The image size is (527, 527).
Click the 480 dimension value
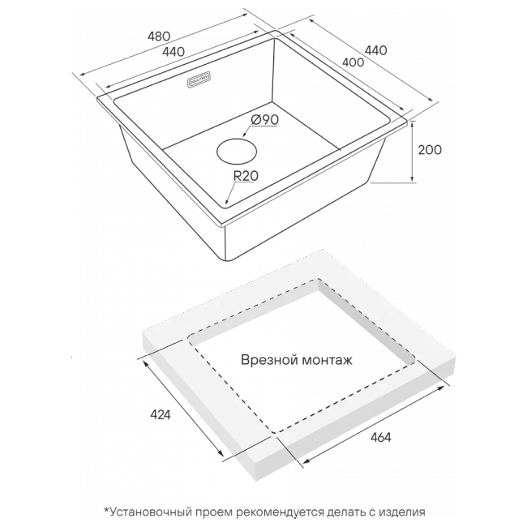pos(159,36)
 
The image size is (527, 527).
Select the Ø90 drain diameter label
pos(265,120)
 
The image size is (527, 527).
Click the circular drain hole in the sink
pos(236,152)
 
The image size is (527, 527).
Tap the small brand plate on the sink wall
pos(199,79)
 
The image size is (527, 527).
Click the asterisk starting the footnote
pos(106,511)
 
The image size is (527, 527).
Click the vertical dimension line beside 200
pos(413,151)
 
